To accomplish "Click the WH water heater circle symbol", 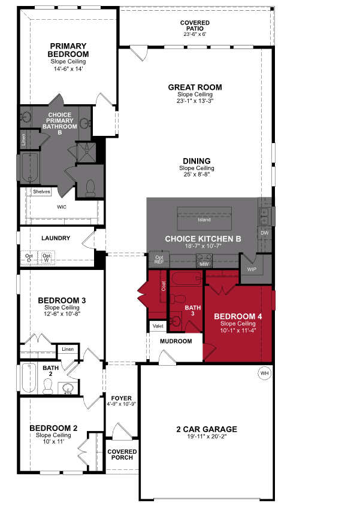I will tap(264, 374).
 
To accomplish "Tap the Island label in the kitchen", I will tap(204, 220).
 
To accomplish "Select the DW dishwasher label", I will tap(264, 232).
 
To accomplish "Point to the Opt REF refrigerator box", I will tap(159, 259).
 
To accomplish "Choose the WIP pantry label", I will tap(252, 269).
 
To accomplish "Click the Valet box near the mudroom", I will tap(158, 326).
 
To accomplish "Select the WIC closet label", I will tap(61, 207).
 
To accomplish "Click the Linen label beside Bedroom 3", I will tap(66, 349).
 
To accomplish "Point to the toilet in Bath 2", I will tap(47, 387).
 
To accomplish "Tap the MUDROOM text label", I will tap(176, 341).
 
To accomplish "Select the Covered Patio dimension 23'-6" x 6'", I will tap(195, 34).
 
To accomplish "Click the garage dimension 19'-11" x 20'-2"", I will tap(207, 437).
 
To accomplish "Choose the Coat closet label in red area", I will tap(163, 286).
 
